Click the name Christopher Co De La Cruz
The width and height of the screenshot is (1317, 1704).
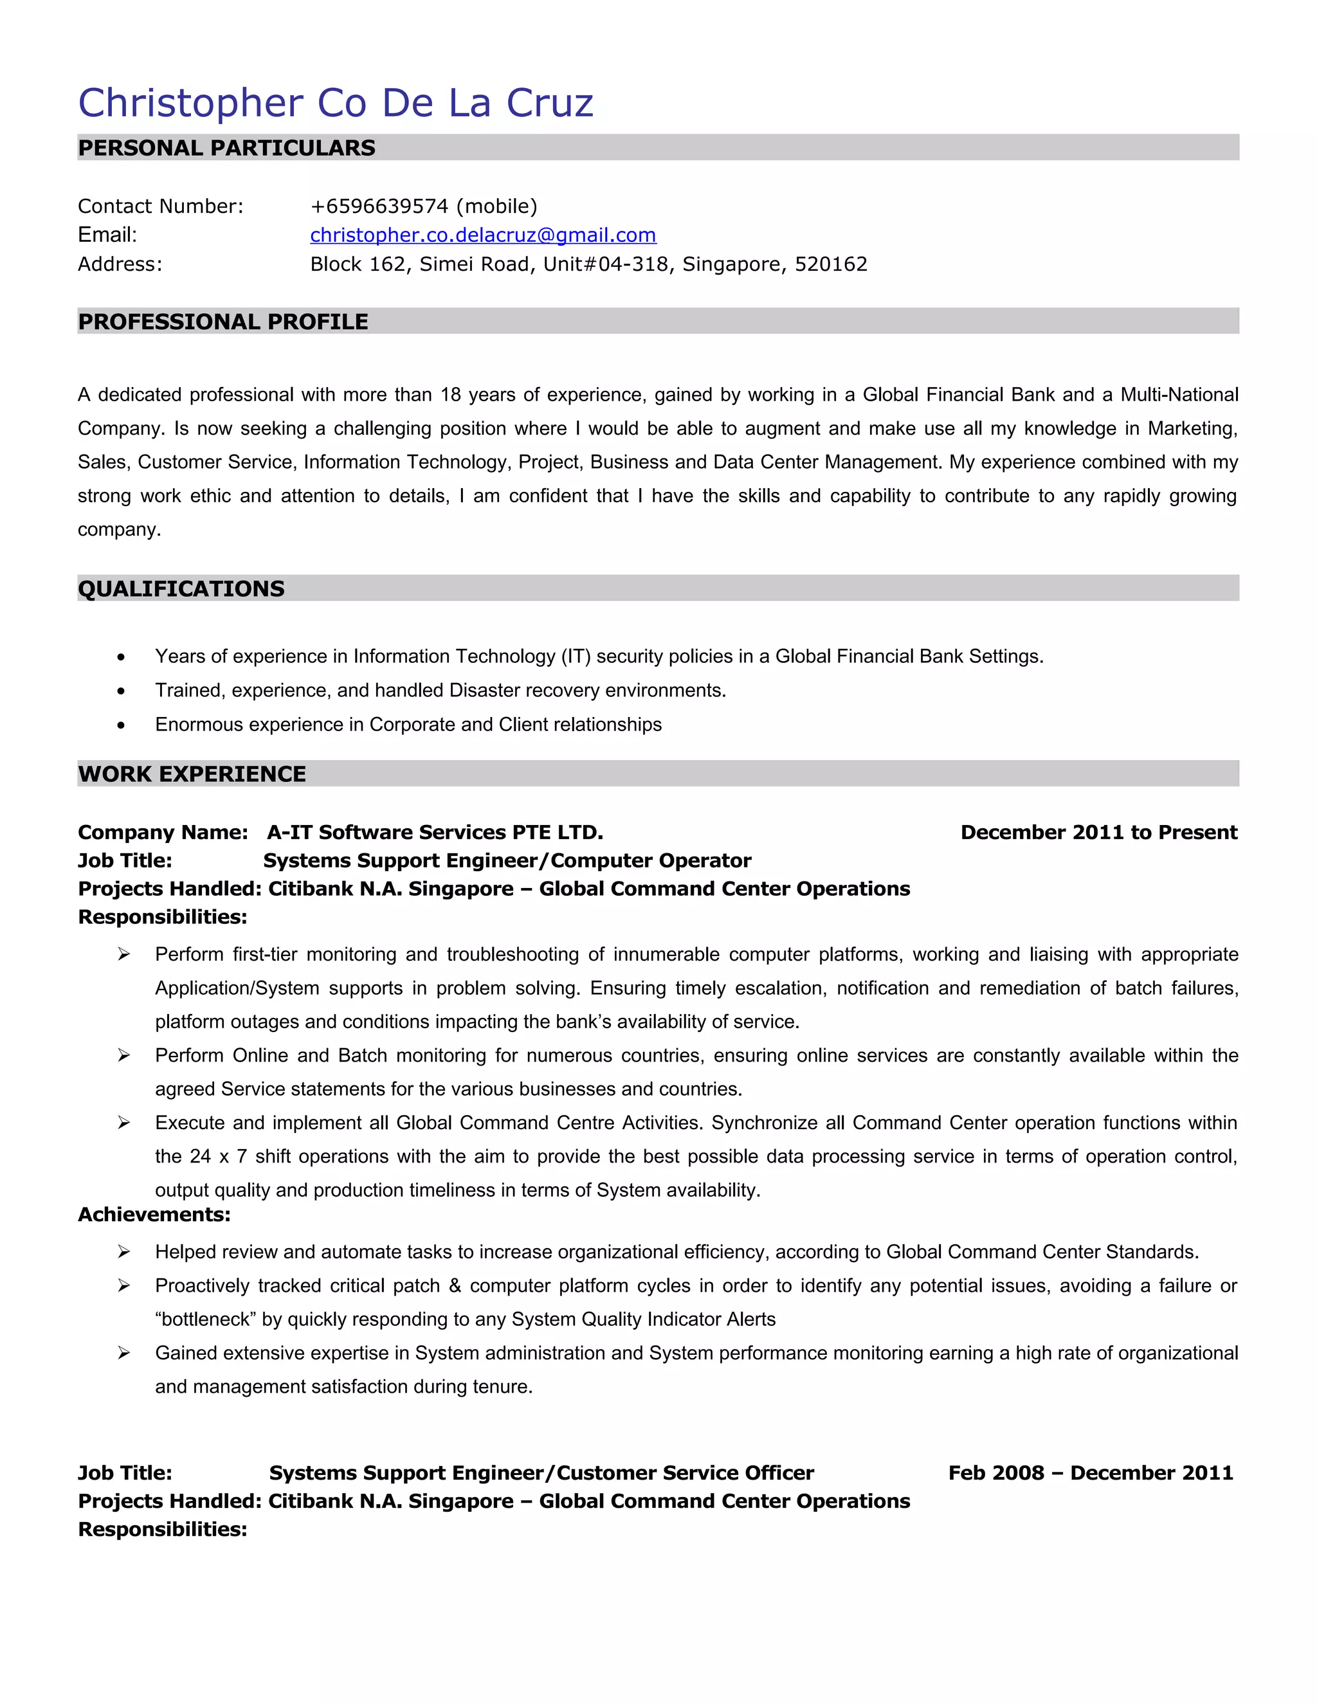[336, 103]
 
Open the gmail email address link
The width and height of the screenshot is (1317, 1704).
[483, 235]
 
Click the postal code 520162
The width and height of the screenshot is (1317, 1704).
[831, 264]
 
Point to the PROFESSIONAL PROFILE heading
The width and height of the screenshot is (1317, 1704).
[223, 322]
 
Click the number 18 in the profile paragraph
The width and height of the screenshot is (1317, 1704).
[451, 395]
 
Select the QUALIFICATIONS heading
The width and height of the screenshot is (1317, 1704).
[181, 588]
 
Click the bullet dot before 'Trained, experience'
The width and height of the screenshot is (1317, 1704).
[121, 691]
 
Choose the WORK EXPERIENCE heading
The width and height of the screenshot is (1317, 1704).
[192, 774]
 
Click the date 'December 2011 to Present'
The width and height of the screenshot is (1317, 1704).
[1098, 833]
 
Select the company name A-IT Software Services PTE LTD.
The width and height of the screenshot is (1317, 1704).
[435, 833]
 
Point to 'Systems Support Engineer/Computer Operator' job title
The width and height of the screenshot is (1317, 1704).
[507, 860]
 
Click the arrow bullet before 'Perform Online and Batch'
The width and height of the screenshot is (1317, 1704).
[123, 1056]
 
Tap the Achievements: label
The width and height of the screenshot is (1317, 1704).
[154, 1215]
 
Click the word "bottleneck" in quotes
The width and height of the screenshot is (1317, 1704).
[205, 1319]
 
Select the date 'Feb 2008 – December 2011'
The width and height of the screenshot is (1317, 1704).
[1090, 1473]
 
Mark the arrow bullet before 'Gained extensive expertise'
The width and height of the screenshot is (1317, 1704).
[123, 1354]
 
